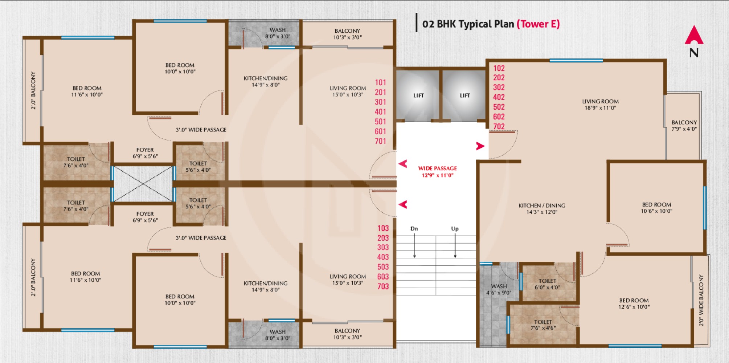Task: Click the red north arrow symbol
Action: pyautogui.click(x=694, y=36)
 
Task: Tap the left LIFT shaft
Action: pyautogui.click(x=418, y=95)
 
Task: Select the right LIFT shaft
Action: pyautogui.click(x=465, y=95)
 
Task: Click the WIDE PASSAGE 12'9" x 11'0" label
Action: pyautogui.click(x=437, y=172)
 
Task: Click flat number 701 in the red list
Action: pyautogui.click(x=380, y=141)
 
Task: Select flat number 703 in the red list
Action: pyautogui.click(x=383, y=286)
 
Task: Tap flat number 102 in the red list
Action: pyautogui.click(x=499, y=68)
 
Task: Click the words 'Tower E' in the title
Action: pyautogui.click(x=538, y=24)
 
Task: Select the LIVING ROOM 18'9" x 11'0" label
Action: pyautogui.click(x=600, y=105)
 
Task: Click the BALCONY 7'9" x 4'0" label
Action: pyautogui.click(x=684, y=126)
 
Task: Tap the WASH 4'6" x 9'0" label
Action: pyautogui.click(x=499, y=289)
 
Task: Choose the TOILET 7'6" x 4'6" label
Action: pyautogui.click(x=543, y=325)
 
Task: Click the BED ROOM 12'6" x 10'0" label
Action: pyautogui.click(x=634, y=303)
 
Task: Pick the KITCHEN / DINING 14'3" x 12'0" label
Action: pyautogui.click(x=542, y=209)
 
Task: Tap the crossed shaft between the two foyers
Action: pyautogui.click(x=144, y=184)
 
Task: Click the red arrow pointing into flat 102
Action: pyautogui.click(x=480, y=146)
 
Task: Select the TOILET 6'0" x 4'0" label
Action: pyautogui.click(x=547, y=284)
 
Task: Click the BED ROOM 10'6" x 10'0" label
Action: pyautogui.click(x=656, y=208)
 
